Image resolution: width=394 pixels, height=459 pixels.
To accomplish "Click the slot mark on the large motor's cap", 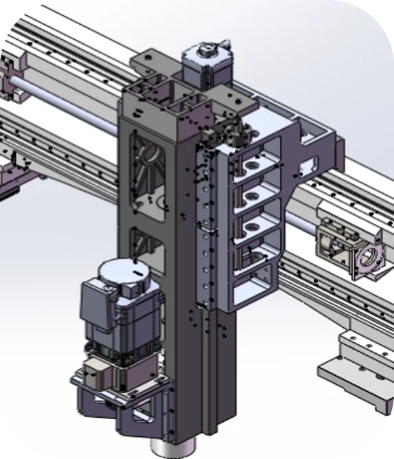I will [x=137, y=272].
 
